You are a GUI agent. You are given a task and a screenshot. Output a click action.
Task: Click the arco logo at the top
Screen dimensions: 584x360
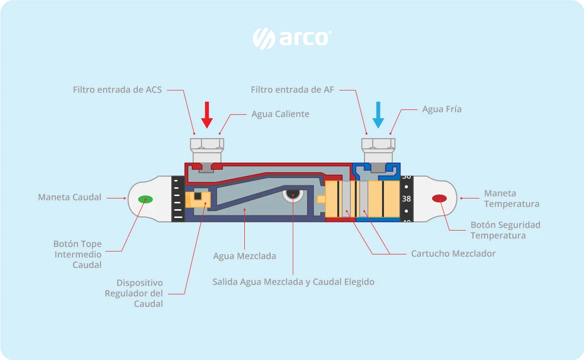click(x=292, y=38)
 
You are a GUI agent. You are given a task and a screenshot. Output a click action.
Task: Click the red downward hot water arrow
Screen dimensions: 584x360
click(x=207, y=115)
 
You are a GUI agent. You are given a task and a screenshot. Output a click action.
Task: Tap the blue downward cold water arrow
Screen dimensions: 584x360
click(x=378, y=115)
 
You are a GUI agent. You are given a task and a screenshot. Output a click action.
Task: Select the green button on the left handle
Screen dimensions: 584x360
click(x=146, y=199)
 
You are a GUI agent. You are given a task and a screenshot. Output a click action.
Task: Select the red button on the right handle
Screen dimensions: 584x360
click(x=439, y=198)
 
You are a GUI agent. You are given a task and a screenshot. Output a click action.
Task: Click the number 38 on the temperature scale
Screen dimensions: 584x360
click(x=406, y=199)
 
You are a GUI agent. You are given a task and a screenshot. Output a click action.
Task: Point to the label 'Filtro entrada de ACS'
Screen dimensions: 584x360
click(x=117, y=90)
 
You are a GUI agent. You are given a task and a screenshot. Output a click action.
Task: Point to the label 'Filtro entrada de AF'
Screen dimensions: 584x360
click(x=292, y=90)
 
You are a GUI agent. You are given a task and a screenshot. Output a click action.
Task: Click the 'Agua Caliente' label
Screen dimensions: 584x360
click(x=280, y=114)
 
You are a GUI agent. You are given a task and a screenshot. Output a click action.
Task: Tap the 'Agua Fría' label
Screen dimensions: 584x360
click(x=442, y=109)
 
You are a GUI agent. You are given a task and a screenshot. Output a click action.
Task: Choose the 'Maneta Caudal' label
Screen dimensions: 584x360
click(x=70, y=197)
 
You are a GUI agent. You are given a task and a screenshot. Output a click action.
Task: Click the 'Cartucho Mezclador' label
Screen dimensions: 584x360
click(x=454, y=253)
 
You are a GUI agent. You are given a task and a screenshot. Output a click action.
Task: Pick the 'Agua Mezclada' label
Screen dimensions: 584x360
click(x=244, y=256)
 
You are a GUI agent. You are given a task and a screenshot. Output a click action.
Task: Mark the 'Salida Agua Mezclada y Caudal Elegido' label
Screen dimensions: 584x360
click(x=293, y=282)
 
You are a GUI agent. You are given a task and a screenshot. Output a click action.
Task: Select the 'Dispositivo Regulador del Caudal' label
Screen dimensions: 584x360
click(x=134, y=293)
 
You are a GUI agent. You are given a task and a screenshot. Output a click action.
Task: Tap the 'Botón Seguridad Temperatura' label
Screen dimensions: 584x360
click(x=505, y=230)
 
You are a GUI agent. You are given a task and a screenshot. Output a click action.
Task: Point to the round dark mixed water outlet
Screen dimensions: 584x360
click(x=293, y=195)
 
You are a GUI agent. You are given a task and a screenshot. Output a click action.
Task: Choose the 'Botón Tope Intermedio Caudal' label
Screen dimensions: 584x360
click(x=77, y=254)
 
